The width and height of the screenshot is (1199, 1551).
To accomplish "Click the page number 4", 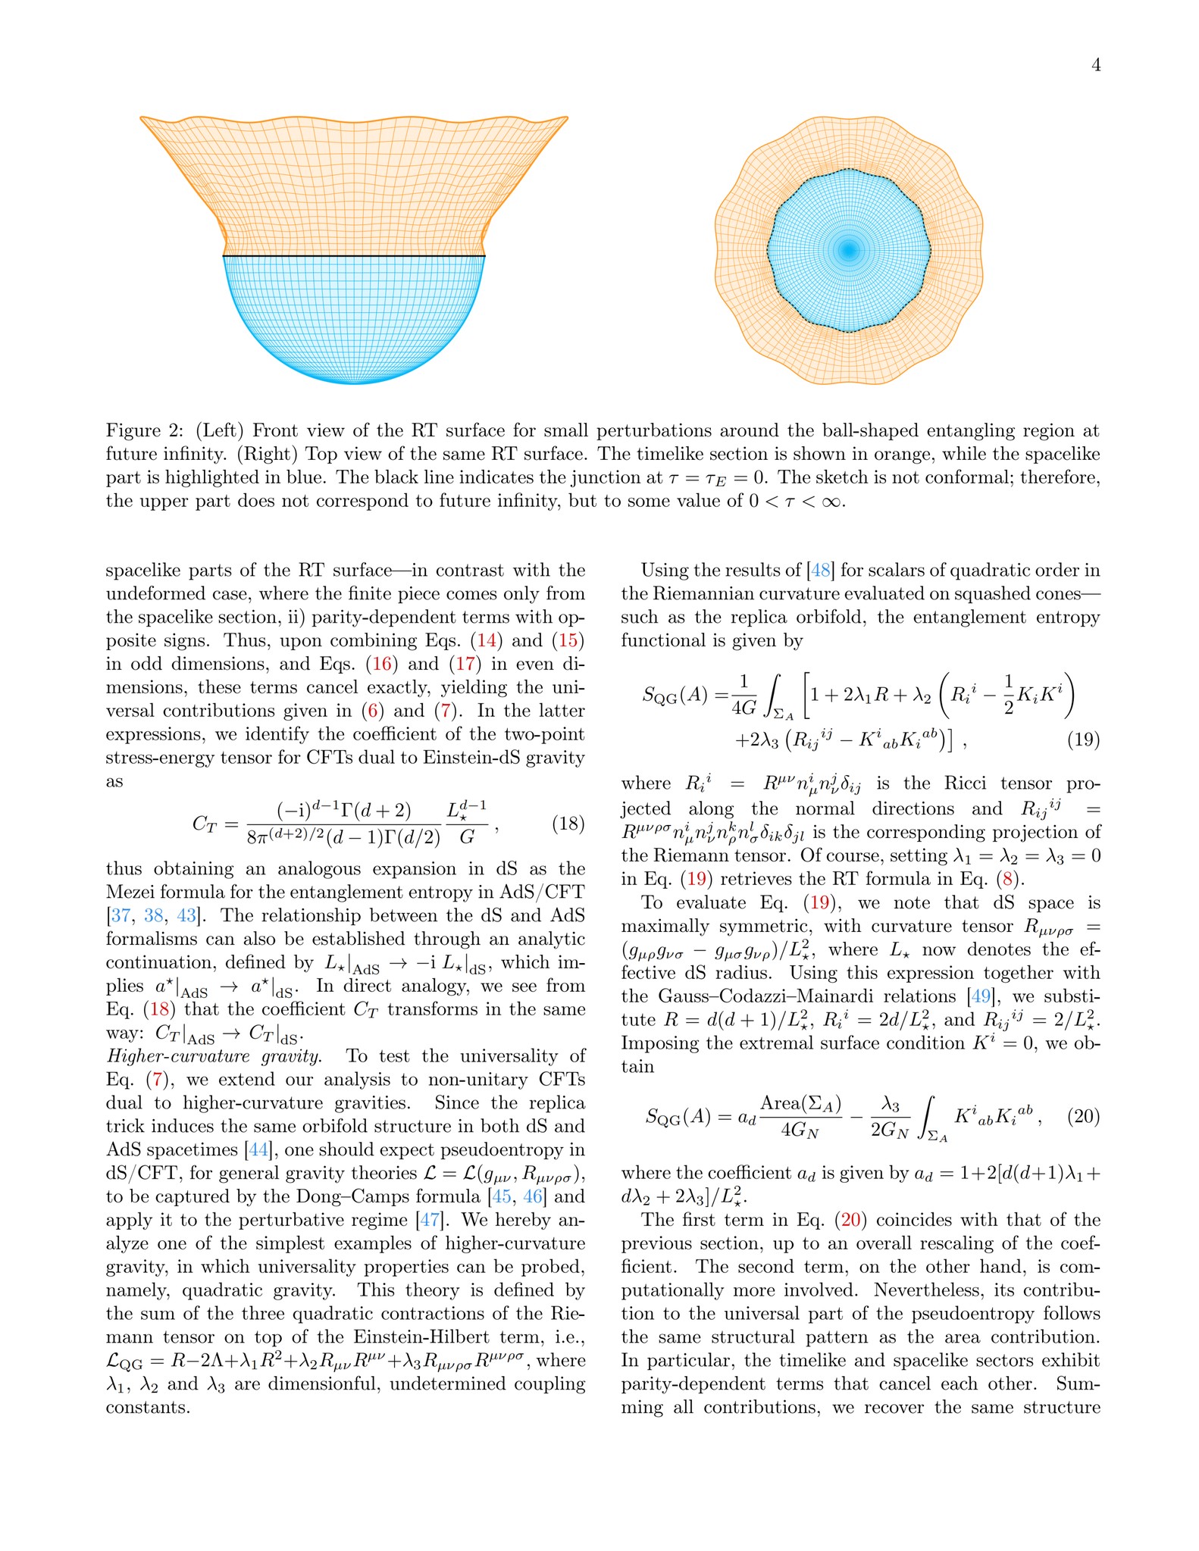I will click(x=1095, y=65).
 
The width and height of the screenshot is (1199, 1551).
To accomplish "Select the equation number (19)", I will click(x=1083, y=740).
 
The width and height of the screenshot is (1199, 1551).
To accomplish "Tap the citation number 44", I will click(x=258, y=1150).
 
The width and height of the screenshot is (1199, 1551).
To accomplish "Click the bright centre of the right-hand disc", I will click(x=849, y=249).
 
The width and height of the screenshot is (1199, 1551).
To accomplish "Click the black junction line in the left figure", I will click(x=354, y=257).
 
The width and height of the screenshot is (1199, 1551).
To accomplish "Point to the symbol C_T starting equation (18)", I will click(x=205, y=824).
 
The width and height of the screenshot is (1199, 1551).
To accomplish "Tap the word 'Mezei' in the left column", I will click(x=135, y=892).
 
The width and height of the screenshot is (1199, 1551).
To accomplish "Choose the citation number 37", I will click(x=121, y=915).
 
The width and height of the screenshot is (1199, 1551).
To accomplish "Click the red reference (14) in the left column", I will click(x=486, y=641).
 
